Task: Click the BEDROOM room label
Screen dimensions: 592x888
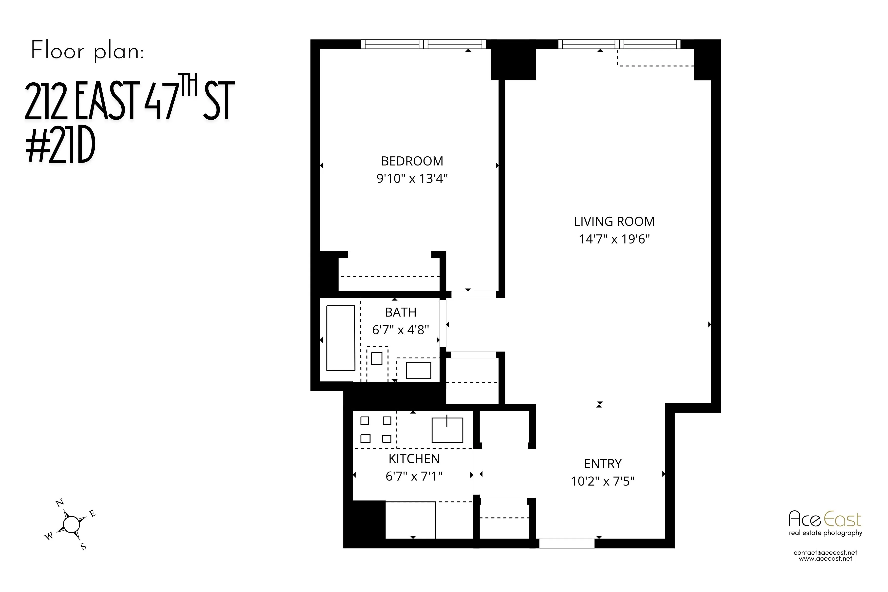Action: [412, 161]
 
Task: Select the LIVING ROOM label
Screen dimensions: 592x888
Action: [614, 222]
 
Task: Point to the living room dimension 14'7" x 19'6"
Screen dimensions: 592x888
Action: [614, 239]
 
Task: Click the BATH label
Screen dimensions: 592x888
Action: [401, 312]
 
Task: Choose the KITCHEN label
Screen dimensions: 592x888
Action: [414, 459]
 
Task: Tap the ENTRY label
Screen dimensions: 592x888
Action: [603, 464]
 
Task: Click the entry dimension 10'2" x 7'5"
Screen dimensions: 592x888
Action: [603, 481]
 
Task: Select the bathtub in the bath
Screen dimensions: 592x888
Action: [341, 338]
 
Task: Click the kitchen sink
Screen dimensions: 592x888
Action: [447, 430]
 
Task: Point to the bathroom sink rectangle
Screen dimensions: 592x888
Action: [418, 370]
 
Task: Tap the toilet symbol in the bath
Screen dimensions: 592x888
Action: [376, 358]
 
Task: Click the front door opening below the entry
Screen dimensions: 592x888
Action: [567, 543]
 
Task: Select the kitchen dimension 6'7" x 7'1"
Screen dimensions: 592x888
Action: [414, 477]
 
